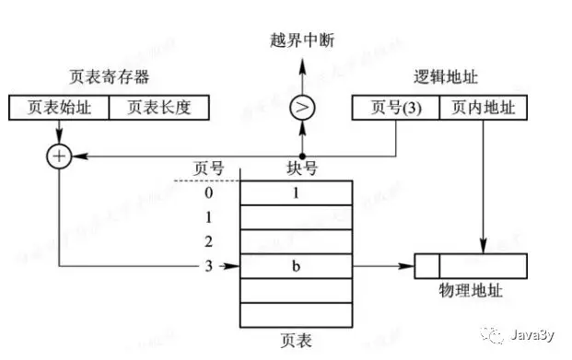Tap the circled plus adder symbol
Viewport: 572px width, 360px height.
point(59,157)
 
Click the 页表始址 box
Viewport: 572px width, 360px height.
point(58,108)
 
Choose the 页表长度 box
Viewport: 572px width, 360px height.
point(158,108)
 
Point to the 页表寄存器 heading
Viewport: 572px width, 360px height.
point(110,77)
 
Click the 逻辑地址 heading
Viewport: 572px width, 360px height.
point(444,77)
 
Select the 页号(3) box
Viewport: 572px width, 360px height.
point(396,108)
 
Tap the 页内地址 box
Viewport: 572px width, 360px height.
point(484,108)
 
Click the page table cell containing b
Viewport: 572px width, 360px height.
point(297,267)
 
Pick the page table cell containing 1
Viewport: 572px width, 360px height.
point(297,193)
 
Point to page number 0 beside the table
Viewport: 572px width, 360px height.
point(209,193)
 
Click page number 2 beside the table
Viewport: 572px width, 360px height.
point(209,242)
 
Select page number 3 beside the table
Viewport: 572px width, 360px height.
point(209,267)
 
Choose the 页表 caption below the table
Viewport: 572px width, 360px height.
point(296,341)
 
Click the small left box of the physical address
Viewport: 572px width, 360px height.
point(426,267)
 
